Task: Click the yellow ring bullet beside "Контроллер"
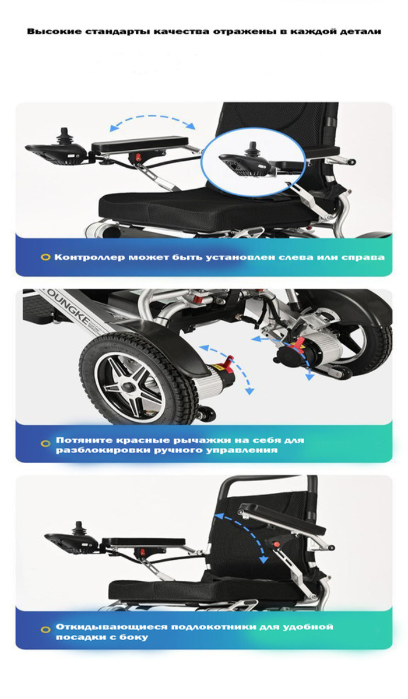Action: [x=45, y=257]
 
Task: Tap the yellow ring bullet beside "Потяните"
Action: [x=45, y=443]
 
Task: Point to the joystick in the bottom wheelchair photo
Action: [x=78, y=528]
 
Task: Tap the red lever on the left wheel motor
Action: [x=228, y=362]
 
